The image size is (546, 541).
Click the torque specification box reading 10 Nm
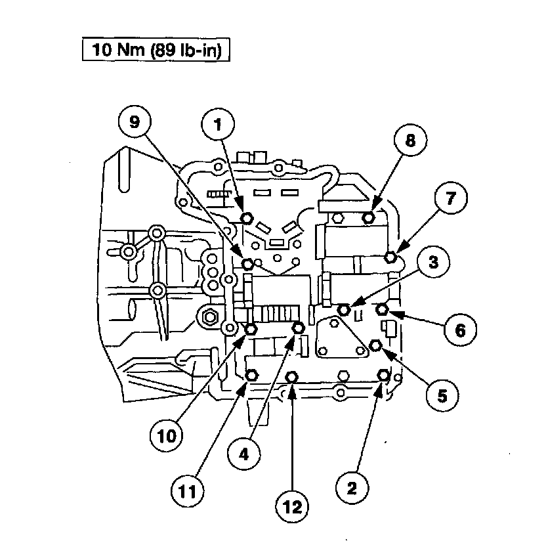(156, 51)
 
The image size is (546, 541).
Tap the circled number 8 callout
(410, 141)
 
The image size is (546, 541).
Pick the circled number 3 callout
(433, 262)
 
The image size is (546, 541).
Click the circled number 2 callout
(352, 487)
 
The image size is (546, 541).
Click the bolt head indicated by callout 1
(247, 218)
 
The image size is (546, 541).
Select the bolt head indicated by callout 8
(368, 217)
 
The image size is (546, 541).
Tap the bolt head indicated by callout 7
(391, 257)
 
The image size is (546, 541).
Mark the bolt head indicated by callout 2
(383, 375)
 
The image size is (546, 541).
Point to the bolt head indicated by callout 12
(293, 376)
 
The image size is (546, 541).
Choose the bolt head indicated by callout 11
(251, 375)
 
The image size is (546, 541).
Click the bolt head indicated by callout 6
(385, 309)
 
